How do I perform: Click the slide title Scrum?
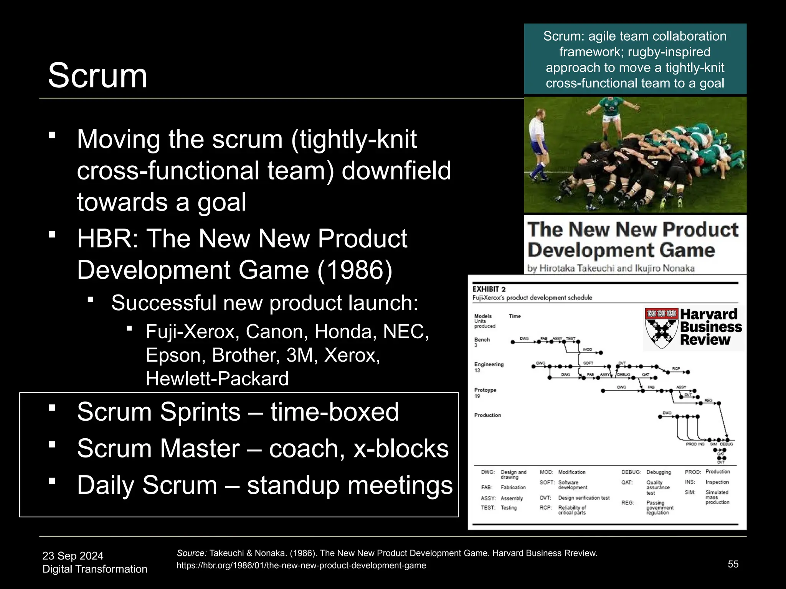tap(97, 76)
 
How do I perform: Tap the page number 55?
tap(733, 564)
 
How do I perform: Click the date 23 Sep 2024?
tap(73, 556)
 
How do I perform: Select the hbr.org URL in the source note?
tap(301, 566)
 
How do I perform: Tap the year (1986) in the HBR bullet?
tap(355, 270)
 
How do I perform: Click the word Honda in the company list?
tap(345, 332)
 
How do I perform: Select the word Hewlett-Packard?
tap(217, 379)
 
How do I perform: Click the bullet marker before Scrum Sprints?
tap(53, 408)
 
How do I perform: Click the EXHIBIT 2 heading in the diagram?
tap(489, 289)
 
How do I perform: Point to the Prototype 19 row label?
tap(485, 393)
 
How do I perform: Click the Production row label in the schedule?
tap(487, 415)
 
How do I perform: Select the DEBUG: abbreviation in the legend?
tap(631, 472)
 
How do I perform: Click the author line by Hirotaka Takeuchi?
tap(611, 268)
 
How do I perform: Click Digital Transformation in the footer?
tap(95, 569)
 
